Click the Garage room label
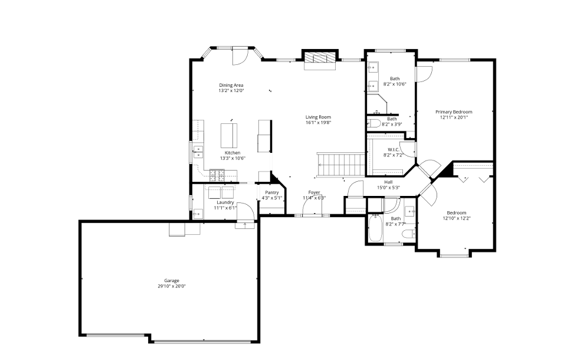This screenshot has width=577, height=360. point(172,280)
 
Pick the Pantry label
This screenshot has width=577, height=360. point(272,192)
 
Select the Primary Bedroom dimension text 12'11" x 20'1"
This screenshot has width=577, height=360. point(454,117)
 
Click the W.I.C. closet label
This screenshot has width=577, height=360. point(394,149)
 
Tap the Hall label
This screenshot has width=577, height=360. point(388,182)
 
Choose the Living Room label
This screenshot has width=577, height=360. point(318,117)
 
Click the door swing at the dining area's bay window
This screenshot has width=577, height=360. point(240,57)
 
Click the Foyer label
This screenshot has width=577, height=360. point(314,192)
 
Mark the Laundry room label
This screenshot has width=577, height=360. point(225,202)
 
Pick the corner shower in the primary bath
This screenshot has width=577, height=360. point(390,106)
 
